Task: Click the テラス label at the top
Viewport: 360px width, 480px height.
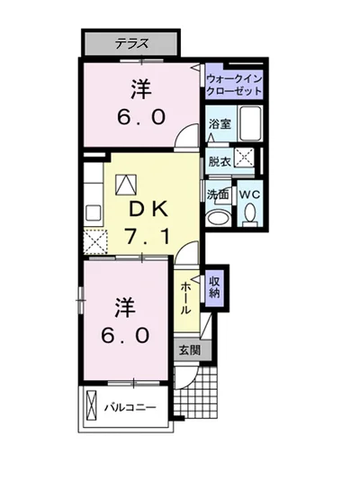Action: pos(131,43)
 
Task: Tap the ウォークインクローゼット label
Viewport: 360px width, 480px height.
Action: pos(234,85)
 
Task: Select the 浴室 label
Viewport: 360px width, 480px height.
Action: pos(220,124)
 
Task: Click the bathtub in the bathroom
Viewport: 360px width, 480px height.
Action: pos(250,123)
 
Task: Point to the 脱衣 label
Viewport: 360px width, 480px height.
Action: pos(220,161)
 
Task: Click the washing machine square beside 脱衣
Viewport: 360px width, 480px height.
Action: pos(245,158)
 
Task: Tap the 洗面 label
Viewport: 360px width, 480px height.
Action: pos(218,195)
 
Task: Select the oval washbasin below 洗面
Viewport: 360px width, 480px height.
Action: pos(218,218)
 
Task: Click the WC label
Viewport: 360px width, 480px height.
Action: pos(249,195)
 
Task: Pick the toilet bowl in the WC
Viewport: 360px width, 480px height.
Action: pos(250,213)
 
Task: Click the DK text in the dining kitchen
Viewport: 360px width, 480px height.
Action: pos(148,210)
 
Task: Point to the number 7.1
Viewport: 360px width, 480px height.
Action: pos(147,236)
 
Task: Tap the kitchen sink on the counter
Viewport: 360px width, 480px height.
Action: pos(93,213)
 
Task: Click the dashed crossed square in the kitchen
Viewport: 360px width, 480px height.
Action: pos(95,242)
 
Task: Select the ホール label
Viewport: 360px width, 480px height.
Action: pos(186,298)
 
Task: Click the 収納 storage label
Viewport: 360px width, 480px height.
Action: pos(215,287)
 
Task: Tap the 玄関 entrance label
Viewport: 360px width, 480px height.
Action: pos(190,350)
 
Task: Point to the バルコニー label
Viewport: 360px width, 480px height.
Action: pos(130,407)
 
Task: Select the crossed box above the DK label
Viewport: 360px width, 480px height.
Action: pos(125,185)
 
